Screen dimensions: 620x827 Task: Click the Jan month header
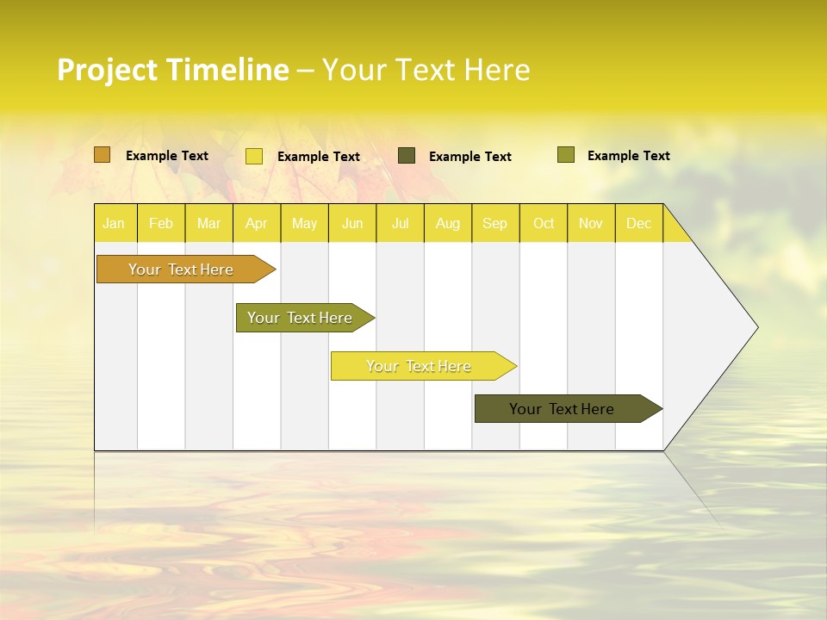(x=114, y=223)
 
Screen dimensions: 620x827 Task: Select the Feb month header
(x=161, y=223)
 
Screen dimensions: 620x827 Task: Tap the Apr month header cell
(x=257, y=223)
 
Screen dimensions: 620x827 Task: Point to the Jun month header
(x=352, y=223)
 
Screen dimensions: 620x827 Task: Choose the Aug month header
(x=448, y=223)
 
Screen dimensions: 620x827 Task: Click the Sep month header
(x=495, y=223)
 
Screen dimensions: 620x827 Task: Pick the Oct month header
(x=544, y=223)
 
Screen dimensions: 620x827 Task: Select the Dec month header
(x=639, y=223)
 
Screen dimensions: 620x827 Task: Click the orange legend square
(x=103, y=155)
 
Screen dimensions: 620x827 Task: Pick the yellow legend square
(x=254, y=156)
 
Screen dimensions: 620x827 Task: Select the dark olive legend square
(x=407, y=156)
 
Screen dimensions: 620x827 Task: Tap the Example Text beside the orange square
(x=167, y=156)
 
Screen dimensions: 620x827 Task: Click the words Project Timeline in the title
(x=173, y=70)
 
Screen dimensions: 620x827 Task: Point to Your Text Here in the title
(x=426, y=70)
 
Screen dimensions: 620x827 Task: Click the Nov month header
(x=591, y=223)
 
